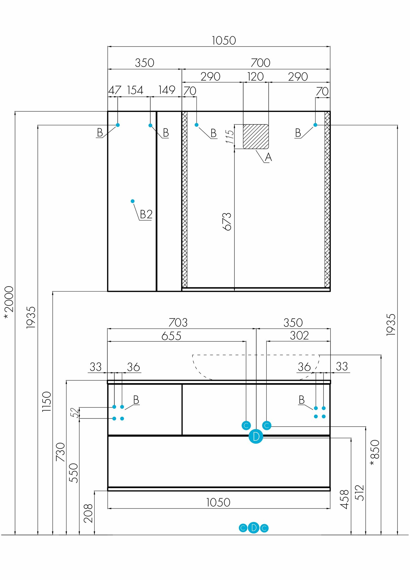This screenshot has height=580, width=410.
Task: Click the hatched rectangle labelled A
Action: click(256, 137)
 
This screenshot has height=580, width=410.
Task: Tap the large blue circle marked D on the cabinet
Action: click(256, 436)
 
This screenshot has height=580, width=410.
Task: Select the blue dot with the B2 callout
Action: click(133, 201)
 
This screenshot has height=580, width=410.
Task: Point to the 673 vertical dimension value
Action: click(227, 222)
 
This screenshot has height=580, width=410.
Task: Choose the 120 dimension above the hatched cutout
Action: click(255, 77)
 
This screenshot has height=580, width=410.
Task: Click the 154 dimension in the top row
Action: click(135, 90)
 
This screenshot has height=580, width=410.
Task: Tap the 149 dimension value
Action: click(167, 90)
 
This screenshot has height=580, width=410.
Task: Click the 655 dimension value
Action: click(171, 336)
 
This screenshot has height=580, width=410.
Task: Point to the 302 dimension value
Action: click(299, 336)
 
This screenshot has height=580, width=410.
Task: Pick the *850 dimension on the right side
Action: click(375, 453)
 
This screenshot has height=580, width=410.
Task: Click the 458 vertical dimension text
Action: click(344, 499)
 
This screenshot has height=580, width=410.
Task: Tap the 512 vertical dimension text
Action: click(360, 493)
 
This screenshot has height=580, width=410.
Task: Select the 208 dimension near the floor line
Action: click(88, 513)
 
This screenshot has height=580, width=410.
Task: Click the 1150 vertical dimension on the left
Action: click(47, 402)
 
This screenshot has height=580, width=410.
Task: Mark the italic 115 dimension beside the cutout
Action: click(230, 137)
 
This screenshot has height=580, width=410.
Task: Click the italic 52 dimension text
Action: click(75, 412)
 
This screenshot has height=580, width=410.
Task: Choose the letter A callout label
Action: click(268, 157)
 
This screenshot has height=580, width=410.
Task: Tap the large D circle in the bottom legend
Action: click(254, 528)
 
